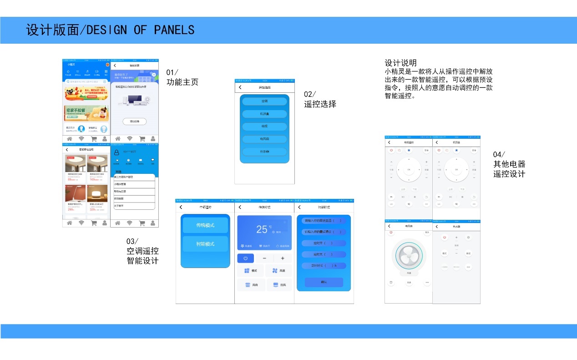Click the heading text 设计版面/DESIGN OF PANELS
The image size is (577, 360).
pos(110,30)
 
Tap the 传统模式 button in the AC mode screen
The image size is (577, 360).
pos(205,225)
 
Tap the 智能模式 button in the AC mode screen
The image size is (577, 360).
pos(205,244)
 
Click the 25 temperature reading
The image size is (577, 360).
pos(262,229)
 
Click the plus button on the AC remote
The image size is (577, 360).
pos(283,259)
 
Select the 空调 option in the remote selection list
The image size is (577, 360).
pos(264,101)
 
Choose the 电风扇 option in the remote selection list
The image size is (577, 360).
pos(264,139)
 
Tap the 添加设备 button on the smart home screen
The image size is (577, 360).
pos(134,122)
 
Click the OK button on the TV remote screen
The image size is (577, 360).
pos(409,170)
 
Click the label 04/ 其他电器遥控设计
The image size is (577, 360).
pos(509,164)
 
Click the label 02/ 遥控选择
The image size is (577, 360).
pos(320,99)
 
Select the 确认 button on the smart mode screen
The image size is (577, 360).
pos(324,282)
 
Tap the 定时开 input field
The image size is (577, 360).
pos(324,243)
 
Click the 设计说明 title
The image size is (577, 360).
pos(400,63)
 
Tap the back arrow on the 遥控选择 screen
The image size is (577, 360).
pos(240,87)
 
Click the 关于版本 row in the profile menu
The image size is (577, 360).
pos(134,206)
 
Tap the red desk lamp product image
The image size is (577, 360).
pos(75,193)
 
